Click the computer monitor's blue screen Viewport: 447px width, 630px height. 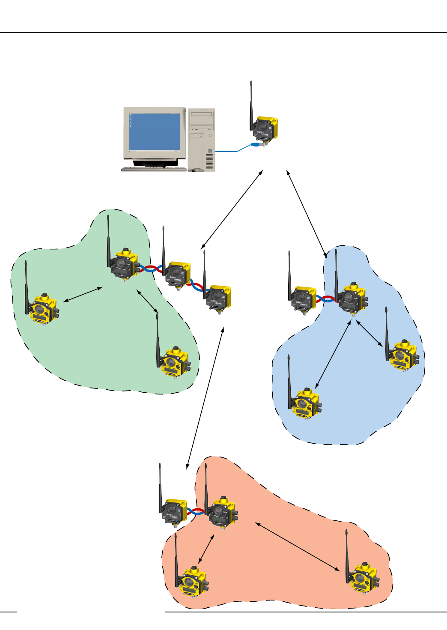(x=154, y=132)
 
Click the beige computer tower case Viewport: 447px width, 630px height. (x=201, y=139)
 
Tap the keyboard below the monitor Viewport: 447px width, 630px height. (x=154, y=169)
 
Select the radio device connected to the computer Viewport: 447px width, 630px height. (x=265, y=131)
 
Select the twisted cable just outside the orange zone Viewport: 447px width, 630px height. (x=196, y=511)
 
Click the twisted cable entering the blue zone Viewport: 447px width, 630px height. (x=327, y=299)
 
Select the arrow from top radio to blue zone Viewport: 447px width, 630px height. (x=307, y=214)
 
